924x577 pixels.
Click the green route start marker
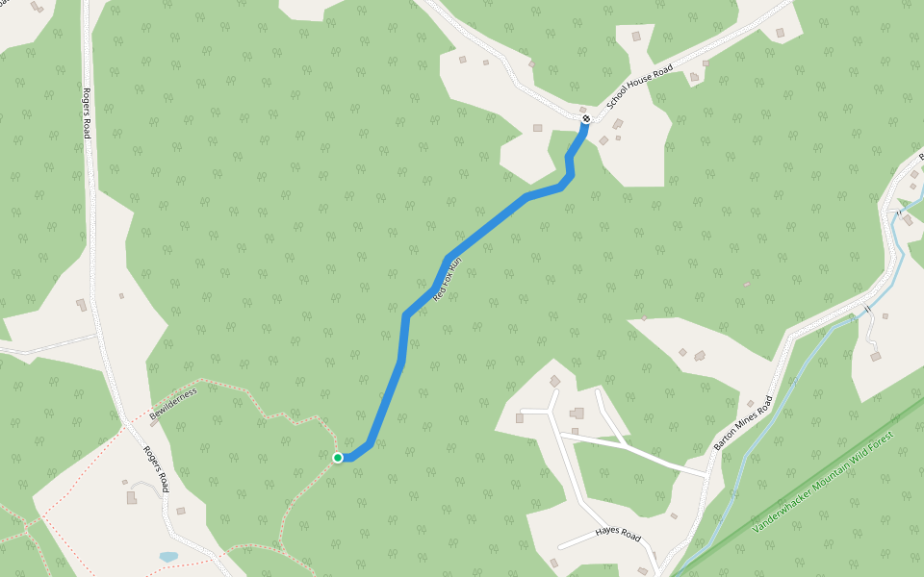[x=338, y=458]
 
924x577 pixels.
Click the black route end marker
[x=585, y=119]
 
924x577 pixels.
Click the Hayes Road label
[x=618, y=533]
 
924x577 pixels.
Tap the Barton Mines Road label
[x=743, y=424]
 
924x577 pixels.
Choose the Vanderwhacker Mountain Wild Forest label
[x=823, y=483]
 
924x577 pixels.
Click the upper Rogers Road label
[x=87, y=113]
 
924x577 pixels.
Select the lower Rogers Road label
[x=156, y=467]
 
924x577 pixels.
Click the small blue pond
[x=168, y=557]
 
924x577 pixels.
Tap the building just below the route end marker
[x=617, y=124]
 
